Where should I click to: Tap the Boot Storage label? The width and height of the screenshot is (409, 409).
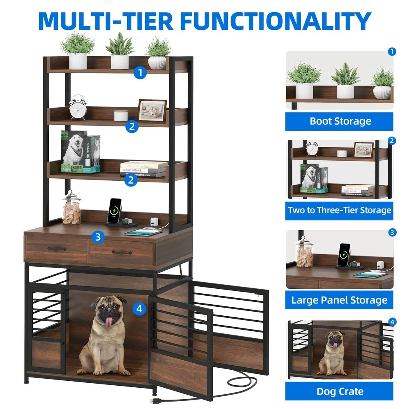340,121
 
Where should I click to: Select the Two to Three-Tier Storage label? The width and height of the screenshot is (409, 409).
340,211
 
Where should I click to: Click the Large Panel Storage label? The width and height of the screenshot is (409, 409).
340,300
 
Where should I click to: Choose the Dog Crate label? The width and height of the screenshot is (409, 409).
340,391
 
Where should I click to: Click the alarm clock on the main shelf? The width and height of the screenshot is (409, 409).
77,107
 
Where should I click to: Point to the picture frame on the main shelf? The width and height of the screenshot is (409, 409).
152,110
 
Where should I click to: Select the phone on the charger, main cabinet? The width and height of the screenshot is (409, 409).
114,210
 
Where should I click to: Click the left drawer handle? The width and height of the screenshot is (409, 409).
56,248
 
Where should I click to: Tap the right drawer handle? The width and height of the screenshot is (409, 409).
122,252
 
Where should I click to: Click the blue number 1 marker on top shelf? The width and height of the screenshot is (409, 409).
140,73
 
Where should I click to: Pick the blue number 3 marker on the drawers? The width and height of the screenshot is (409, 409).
97,236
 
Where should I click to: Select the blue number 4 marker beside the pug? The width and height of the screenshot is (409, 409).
139,309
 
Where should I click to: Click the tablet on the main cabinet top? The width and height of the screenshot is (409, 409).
143,232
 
